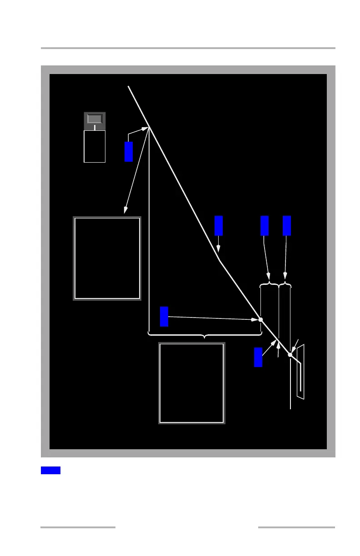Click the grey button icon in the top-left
pyautogui.click(x=95, y=119)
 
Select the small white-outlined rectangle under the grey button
pyautogui.click(x=95, y=146)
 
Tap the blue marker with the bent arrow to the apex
pyautogui.click(x=129, y=151)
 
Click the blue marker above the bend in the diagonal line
pyautogui.click(x=219, y=226)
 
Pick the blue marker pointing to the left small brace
pyautogui.click(x=265, y=226)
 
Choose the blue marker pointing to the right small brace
pyautogui.click(x=287, y=226)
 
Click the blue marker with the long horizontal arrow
pyautogui.click(x=164, y=316)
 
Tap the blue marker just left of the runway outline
pyautogui.click(x=258, y=357)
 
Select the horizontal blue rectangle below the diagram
pyautogui.click(x=50, y=470)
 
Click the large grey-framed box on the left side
pyautogui.click(x=107, y=258)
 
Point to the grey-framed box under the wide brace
pyautogui.click(x=191, y=383)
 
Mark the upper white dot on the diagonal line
pyautogui.click(x=260, y=320)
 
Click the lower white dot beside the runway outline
pyautogui.click(x=290, y=355)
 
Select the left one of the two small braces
pyautogui.click(x=269, y=285)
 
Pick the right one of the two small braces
pyautogui.click(x=285, y=285)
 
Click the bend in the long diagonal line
pyautogui.click(x=219, y=260)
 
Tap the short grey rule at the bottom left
pyautogui.click(x=78, y=527)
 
